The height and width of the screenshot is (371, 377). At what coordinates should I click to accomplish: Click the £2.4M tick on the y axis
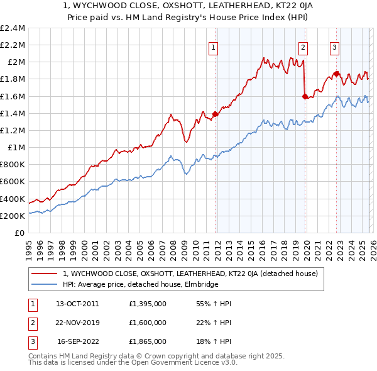pos(13,28)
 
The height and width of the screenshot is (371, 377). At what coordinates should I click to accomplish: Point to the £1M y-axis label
pos(16,148)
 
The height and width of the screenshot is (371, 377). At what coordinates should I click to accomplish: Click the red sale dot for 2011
pos(215,114)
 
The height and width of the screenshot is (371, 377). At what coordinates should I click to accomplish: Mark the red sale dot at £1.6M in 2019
pos(305,96)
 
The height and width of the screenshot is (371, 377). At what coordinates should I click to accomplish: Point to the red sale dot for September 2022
pos(336,74)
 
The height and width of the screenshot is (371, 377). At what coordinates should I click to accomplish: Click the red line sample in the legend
pos(45,274)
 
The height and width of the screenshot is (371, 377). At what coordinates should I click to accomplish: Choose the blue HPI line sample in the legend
pos(45,284)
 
